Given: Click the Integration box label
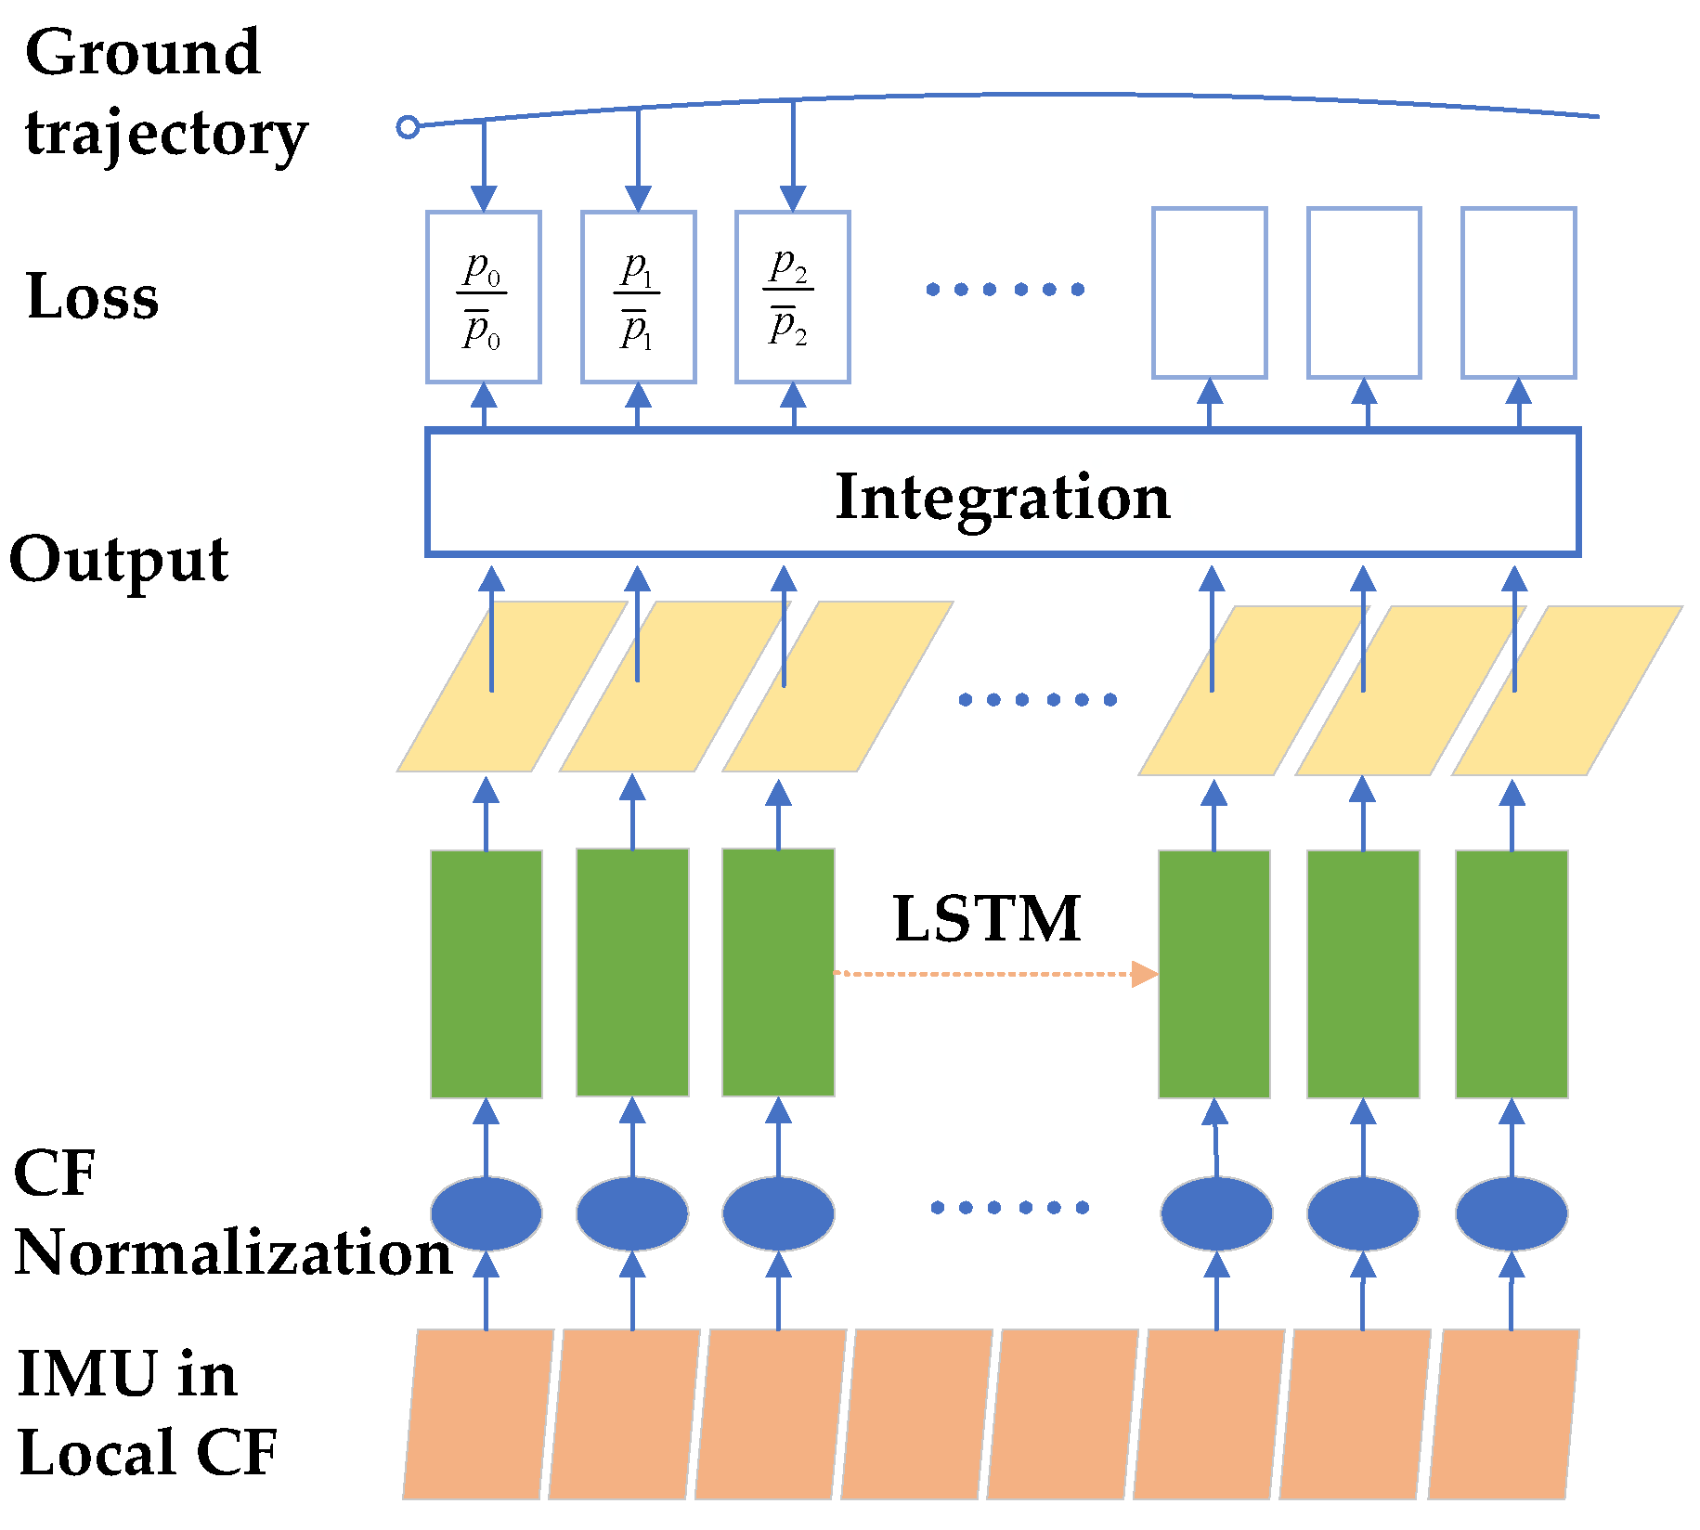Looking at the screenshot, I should click(1002, 497).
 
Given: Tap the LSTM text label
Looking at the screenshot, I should click(986, 919).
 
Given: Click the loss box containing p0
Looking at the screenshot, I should click(483, 297).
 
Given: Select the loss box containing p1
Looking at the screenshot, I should click(638, 297).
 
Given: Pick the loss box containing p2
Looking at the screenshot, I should click(792, 297).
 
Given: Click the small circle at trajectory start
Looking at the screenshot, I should click(408, 127).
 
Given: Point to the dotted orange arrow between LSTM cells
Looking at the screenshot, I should click(993, 974).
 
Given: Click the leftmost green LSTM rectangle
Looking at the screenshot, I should click(487, 974).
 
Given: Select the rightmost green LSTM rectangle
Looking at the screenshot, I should click(1511, 974).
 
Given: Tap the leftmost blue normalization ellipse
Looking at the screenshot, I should click(487, 1213).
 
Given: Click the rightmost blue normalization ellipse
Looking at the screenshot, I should click(1511, 1213).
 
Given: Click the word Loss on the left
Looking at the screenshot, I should click(93, 297).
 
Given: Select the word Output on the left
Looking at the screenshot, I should click(119, 560).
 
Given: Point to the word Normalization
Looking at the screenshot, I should click(232, 1253).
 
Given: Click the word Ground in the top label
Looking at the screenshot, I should click(142, 53).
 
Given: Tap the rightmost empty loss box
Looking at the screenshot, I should click(1518, 293).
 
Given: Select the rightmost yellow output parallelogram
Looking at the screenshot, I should click(1567, 691).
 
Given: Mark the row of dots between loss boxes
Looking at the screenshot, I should click(1005, 290).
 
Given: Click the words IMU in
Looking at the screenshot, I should click(127, 1374).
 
